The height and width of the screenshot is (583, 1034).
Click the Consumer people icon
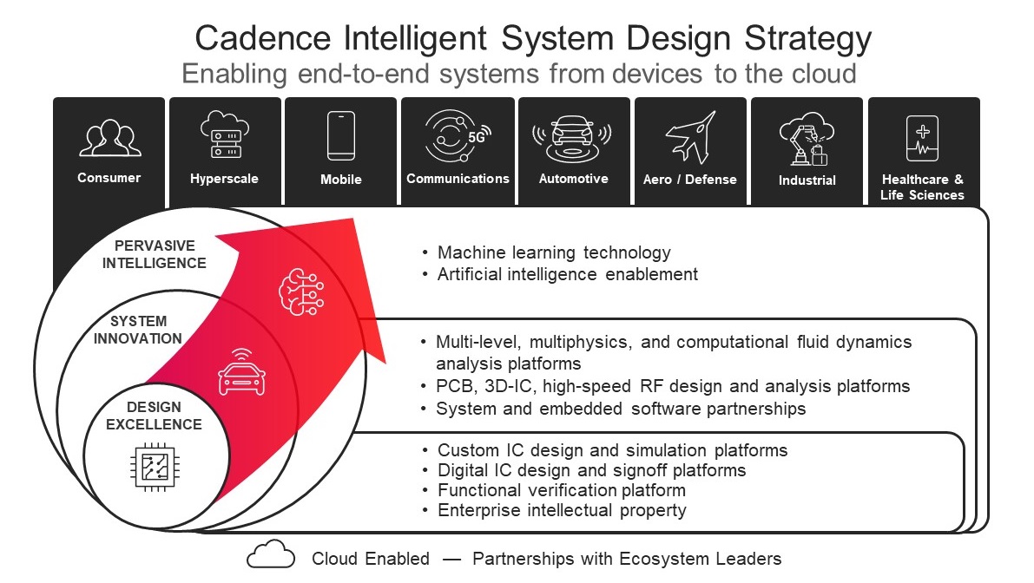[x=110, y=138]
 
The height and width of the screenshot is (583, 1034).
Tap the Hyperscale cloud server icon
[x=225, y=135]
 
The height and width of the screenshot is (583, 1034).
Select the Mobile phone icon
[x=341, y=135]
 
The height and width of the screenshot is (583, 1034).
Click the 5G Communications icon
[x=458, y=135]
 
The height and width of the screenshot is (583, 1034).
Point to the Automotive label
[x=574, y=179]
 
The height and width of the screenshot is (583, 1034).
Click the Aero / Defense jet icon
[x=690, y=137]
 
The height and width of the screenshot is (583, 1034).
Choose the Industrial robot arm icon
[x=807, y=139]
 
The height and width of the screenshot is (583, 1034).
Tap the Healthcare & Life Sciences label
[x=923, y=187]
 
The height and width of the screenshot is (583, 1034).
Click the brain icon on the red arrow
[x=301, y=291]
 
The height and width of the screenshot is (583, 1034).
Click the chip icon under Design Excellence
[x=155, y=467]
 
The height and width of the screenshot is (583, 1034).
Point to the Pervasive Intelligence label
[x=155, y=254]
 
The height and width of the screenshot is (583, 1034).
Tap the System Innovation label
[x=138, y=330]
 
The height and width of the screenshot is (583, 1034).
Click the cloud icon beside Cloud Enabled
[x=271, y=554]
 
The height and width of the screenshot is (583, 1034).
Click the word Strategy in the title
[x=807, y=39]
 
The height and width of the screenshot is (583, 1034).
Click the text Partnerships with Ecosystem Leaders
[x=627, y=559]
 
